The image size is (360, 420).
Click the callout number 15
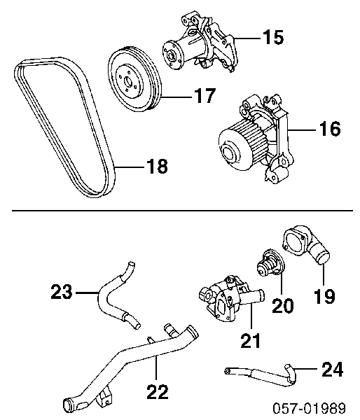point(273,37)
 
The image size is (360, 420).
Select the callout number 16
point(330,128)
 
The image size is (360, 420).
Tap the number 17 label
point(205,95)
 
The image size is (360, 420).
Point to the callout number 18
point(158,166)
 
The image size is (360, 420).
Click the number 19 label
point(324,296)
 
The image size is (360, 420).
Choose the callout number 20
point(283,305)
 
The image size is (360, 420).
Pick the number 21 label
point(251,340)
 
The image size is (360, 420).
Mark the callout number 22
point(158,391)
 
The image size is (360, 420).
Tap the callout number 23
point(62,291)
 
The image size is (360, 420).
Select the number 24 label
point(333,369)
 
